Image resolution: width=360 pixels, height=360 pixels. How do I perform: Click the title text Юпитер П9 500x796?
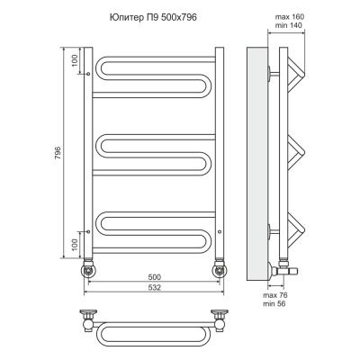point(153,18)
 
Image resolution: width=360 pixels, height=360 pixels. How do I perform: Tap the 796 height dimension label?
point(58,153)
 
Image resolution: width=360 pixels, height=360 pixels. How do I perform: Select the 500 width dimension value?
point(155,276)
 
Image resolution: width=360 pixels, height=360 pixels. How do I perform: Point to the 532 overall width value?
point(155,287)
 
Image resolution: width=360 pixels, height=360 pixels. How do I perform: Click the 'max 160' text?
point(290,17)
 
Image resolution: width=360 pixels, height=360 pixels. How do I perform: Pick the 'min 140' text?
point(290,25)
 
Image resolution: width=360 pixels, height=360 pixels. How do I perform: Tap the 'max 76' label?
point(275,295)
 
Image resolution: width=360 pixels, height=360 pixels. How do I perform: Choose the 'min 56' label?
point(274,304)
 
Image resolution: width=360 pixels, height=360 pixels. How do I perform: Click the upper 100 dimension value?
point(75,61)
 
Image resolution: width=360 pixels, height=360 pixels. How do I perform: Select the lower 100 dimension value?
point(75,245)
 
